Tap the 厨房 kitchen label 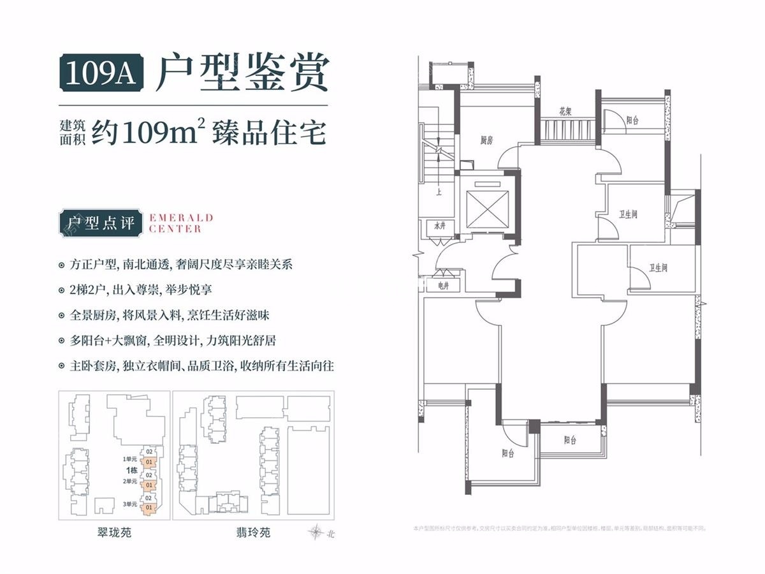point(486,140)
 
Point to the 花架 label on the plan point(565,111)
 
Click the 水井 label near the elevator point(439,226)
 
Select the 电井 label point(442,286)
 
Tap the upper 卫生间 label point(628,215)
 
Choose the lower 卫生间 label point(659,269)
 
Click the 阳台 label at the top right point(632,119)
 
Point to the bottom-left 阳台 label point(507,453)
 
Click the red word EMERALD point(181,218)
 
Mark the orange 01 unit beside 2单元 point(149,485)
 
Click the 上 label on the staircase point(439,189)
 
